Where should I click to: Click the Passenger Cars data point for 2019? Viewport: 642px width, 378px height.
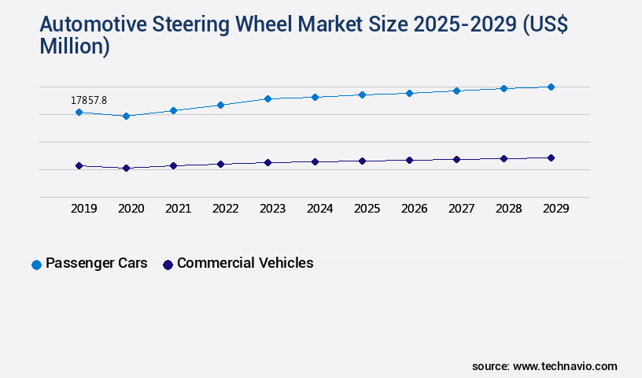pos(79,113)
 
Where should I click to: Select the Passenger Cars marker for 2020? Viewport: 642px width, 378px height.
pos(126,116)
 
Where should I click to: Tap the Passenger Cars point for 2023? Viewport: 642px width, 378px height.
pos(267,98)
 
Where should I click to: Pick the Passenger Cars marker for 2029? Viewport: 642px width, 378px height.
pos(551,87)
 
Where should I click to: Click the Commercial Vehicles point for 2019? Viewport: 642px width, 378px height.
pos(79,166)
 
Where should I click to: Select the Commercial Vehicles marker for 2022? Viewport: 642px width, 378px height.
pos(220,164)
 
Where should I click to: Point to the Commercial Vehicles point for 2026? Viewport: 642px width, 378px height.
pos(409,160)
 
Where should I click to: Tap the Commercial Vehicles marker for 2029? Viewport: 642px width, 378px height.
pos(551,157)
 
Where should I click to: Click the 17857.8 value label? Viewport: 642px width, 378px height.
pos(89,100)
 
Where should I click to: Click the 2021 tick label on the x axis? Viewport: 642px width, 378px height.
pos(179,209)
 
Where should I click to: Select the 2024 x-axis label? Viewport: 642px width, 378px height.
pos(320,209)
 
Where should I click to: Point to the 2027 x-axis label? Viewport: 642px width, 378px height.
pos(462,209)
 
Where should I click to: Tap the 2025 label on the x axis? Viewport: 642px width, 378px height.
pos(367,209)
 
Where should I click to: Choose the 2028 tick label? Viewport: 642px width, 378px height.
pos(509,209)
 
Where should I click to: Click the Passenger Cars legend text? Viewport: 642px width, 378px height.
pos(97,263)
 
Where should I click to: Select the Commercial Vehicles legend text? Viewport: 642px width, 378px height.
pos(245,263)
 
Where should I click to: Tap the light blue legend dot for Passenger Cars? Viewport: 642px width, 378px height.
pos(36,265)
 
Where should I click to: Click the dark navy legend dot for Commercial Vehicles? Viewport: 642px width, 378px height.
pos(168,265)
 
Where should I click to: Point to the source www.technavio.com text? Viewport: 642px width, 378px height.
pos(544,366)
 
